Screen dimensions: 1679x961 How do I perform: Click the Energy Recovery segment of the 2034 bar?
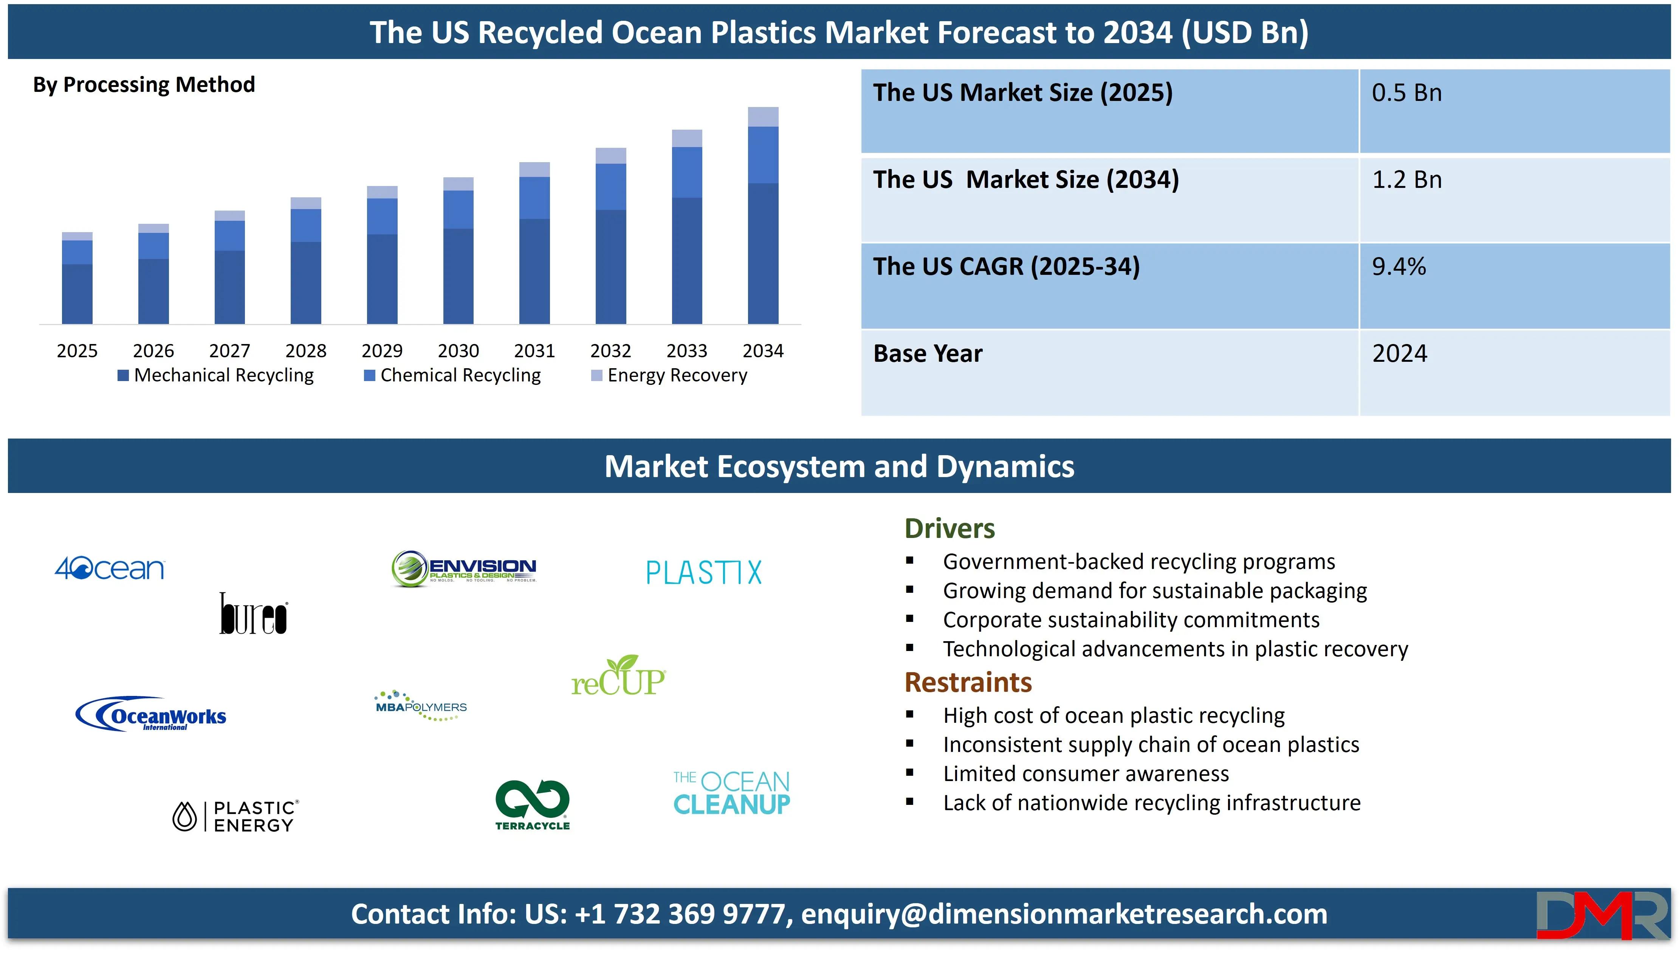763,117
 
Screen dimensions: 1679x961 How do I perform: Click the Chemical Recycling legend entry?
452,375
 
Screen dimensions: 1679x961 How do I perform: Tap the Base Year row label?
928,354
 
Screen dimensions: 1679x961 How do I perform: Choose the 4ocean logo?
110,568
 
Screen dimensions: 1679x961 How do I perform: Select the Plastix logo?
704,572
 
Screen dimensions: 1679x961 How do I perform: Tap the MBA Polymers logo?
421,705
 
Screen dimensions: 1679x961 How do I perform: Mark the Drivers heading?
949,529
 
